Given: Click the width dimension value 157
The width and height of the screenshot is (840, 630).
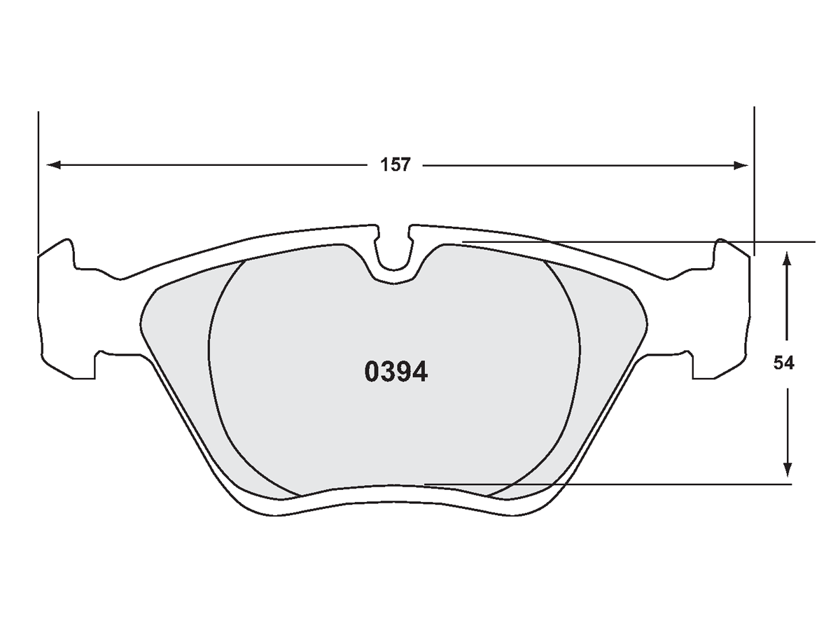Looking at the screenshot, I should [x=395, y=165].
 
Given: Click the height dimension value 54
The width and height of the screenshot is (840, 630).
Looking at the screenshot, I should [x=784, y=363].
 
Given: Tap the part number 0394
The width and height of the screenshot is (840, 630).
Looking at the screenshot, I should [x=395, y=372].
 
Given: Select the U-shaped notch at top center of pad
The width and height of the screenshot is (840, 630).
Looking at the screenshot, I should [x=395, y=252].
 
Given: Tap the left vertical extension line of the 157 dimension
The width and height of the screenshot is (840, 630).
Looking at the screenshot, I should [x=38, y=182].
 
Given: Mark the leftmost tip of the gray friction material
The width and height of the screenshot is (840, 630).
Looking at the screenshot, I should [x=141, y=323].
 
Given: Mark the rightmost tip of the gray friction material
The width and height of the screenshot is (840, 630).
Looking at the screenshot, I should [x=647, y=323].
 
